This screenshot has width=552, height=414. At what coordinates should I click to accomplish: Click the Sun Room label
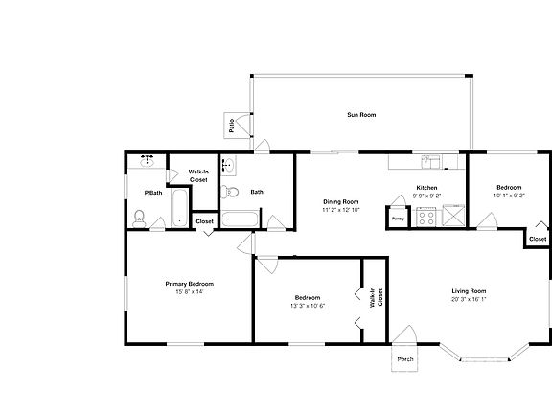361,115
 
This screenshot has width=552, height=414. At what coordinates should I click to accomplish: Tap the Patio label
232,125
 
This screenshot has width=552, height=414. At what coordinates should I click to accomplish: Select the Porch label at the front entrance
405,360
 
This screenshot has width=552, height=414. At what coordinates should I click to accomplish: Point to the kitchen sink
430,159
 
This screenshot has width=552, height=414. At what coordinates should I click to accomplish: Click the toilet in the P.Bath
140,218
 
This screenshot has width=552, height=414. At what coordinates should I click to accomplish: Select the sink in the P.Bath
149,160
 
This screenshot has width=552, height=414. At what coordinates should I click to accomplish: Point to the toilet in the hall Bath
229,192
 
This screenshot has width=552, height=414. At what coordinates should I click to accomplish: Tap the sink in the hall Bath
228,164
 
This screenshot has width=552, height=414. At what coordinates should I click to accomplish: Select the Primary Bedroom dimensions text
189,292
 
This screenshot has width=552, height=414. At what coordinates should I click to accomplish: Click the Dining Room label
340,201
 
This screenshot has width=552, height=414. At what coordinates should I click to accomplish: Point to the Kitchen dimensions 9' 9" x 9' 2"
426,195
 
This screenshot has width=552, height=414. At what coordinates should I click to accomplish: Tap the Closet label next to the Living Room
538,239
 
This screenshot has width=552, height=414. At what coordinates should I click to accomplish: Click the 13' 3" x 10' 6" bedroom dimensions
308,306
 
